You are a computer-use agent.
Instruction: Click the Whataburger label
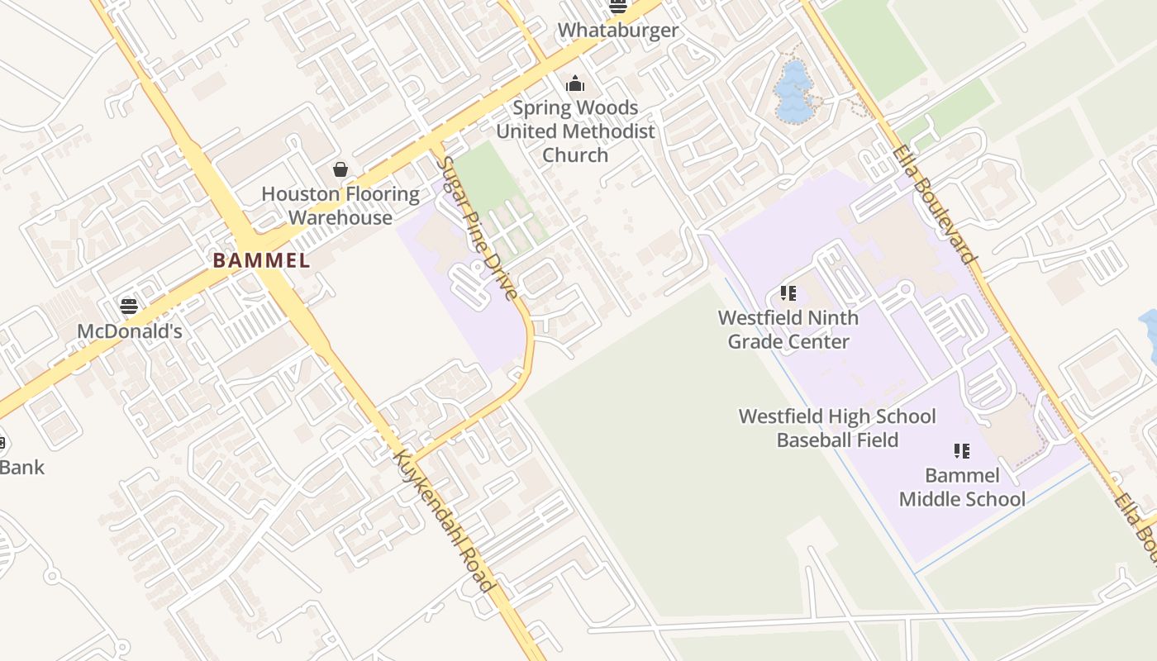pyautogui.click(x=617, y=31)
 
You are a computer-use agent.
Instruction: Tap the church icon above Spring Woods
pyautogui.click(x=574, y=83)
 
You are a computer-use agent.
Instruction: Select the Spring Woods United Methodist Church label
pyautogui.click(x=575, y=131)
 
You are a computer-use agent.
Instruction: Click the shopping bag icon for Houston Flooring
pyautogui.click(x=340, y=169)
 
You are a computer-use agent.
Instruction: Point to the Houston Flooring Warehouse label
pyautogui.click(x=340, y=206)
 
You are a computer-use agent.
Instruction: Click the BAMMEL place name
pyautogui.click(x=261, y=261)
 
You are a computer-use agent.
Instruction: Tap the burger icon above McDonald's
pyautogui.click(x=129, y=307)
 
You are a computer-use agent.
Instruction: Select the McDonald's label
pyautogui.click(x=129, y=331)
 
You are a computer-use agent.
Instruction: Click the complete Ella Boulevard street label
pyautogui.click(x=934, y=204)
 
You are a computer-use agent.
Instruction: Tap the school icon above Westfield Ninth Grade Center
pyautogui.click(x=788, y=293)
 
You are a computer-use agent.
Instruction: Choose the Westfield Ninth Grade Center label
pyautogui.click(x=788, y=330)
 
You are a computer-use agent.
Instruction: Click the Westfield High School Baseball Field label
pyautogui.click(x=837, y=428)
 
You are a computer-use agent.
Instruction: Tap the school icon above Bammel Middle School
pyautogui.click(x=961, y=451)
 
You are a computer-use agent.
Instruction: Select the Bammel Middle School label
pyautogui.click(x=962, y=487)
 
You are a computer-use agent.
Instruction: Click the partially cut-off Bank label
pyautogui.click(x=21, y=468)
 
